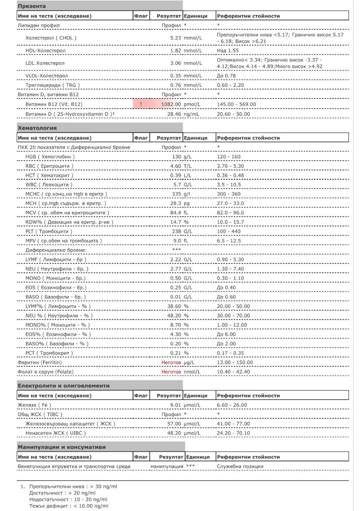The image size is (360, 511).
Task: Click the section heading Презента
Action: (x=32, y=6)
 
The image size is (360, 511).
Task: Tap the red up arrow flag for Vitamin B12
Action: (x=141, y=104)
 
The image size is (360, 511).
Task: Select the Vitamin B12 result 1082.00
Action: (x=171, y=104)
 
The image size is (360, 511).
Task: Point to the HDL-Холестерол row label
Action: (x=46, y=50)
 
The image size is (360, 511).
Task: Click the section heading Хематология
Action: (x=37, y=128)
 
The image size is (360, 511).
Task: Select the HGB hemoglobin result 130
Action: (x=177, y=157)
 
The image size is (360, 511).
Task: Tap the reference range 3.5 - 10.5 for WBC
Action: (x=229, y=185)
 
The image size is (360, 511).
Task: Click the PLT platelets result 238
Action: (x=177, y=231)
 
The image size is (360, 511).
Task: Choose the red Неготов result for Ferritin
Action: (x=171, y=362)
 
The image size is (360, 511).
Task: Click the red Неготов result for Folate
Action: (x=171, y=372)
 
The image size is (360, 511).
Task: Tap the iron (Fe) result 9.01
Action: (x=178, y=405)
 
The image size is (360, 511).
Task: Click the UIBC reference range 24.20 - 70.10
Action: (x=233, y=433)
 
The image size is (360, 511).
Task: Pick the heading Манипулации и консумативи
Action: (x=62, y=447)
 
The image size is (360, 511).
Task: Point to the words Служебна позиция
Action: (x=240, y=466)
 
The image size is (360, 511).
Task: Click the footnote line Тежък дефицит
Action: (x=69, y=506)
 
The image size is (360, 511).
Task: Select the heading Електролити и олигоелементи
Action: (x=63, y=385)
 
